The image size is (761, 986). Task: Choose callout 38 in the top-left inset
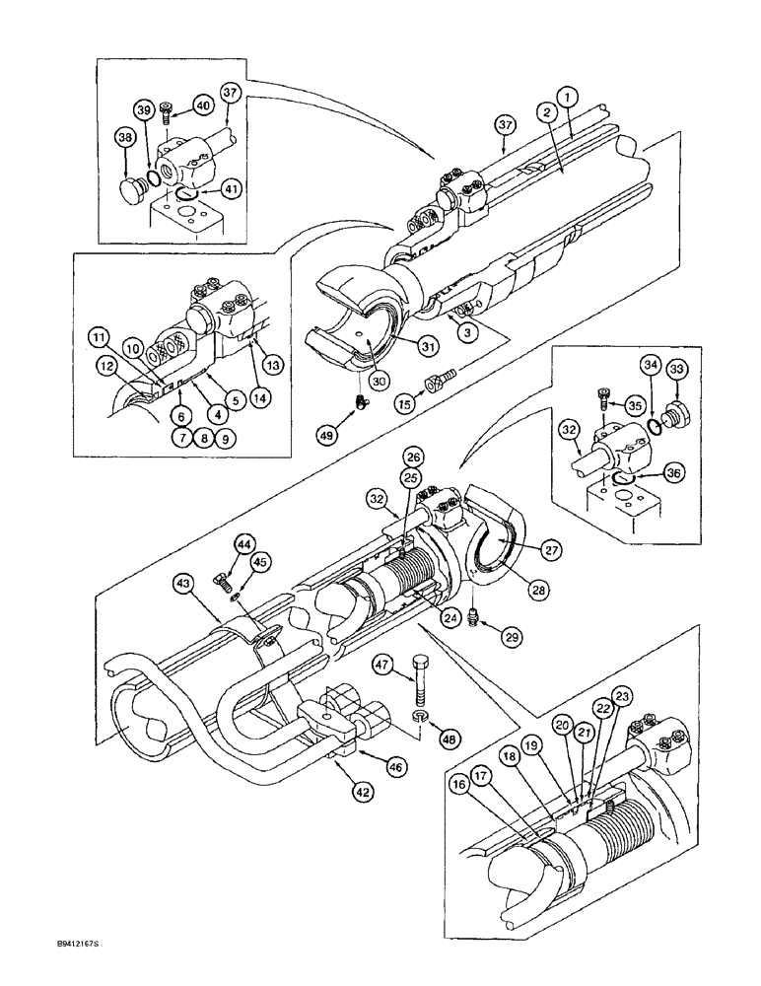pyautogui.click(x=125, y=139)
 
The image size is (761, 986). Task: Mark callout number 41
pyautogui.click(x=230, y=188)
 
